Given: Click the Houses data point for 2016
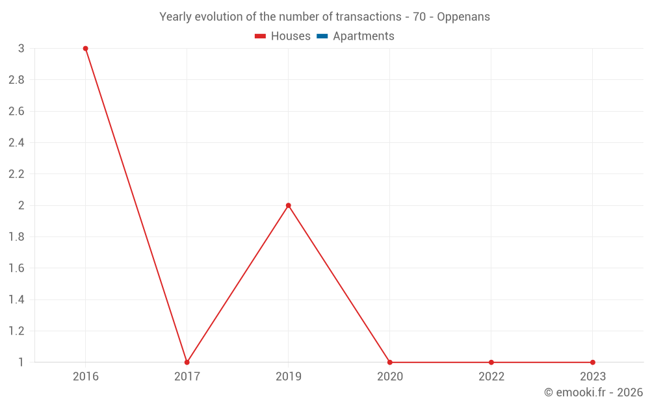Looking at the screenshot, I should [85, 49].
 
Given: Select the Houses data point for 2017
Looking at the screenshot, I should [187, 362].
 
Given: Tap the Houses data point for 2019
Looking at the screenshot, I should [289, 205].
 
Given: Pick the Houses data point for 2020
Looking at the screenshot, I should [390, 362].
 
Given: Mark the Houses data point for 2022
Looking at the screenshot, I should [491, 362].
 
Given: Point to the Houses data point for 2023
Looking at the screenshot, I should [593, 362].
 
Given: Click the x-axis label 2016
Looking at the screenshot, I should [86, 376].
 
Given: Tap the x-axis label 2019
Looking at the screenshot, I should [289, 376].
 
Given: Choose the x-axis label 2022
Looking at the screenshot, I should [491, 376].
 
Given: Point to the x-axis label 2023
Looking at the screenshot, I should [593, 376].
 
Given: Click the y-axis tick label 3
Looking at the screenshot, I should [21, 49].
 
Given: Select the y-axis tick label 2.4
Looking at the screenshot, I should [17, 143].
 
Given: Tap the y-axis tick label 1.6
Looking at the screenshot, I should [17, 268].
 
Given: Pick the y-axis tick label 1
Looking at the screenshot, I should [21, 362].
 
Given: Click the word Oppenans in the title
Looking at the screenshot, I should [463, 17].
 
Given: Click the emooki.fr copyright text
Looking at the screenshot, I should [593, 392].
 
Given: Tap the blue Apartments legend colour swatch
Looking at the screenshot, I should [322, 36].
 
